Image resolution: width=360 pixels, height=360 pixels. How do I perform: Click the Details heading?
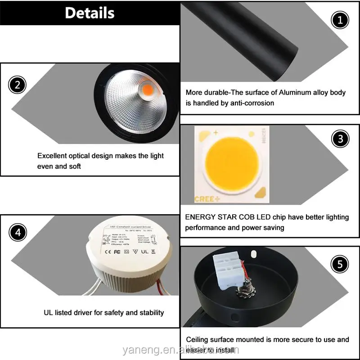point(90,13)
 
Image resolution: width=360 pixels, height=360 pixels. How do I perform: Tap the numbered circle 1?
point(340,20)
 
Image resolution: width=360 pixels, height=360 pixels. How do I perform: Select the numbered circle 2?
point(18,85)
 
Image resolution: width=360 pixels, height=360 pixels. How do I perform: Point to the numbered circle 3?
point(340,139)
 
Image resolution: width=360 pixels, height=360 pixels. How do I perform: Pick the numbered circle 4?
point(18,233)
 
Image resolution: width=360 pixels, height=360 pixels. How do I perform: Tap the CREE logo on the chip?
point(205,198)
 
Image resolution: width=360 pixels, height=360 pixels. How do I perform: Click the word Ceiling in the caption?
point(198,340)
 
